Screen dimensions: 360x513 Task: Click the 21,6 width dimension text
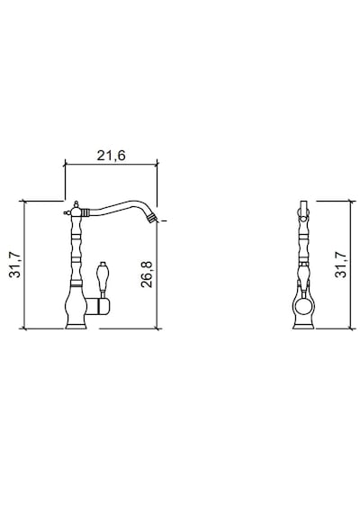tap(111, 156)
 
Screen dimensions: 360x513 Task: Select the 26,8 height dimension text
tap(147, 274)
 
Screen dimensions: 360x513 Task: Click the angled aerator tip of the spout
tap(152, 218)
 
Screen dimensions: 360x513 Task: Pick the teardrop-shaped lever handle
tap(102, 278)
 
